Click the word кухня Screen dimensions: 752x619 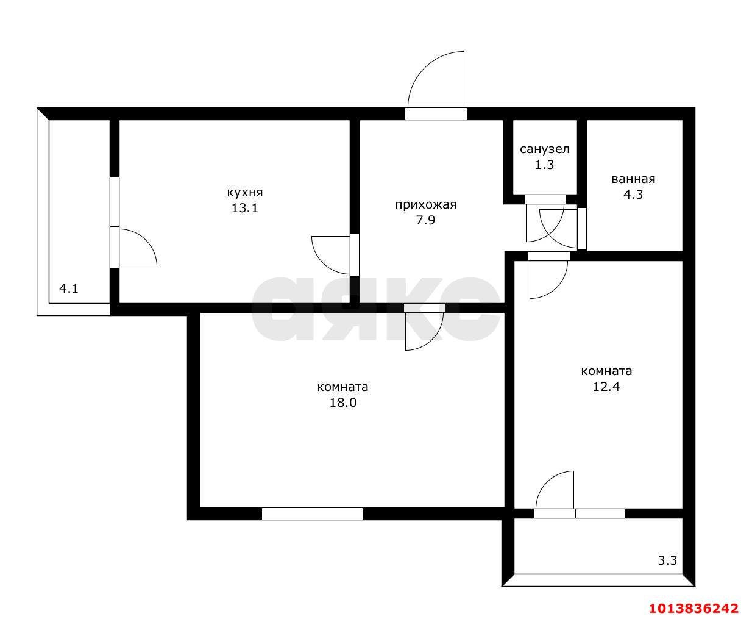pos(245,193)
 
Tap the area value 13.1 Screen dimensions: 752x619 pos(244,208)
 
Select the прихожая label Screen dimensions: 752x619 pos(426,205)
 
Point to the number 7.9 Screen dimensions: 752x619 pos(425,221)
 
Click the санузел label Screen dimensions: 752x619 pos(544,149)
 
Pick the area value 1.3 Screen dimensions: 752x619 pos(544,165)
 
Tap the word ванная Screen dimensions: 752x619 pos(633,179)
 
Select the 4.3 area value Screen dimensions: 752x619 pos(633,195)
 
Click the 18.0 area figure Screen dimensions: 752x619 pos(342,403)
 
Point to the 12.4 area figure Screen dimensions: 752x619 pos(606,387)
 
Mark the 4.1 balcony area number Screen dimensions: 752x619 pos(68,288)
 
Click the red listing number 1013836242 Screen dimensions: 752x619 pos(693,608)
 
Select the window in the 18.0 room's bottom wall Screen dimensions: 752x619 pos(312,513)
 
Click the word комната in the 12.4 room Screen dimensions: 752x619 pos(606,371)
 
